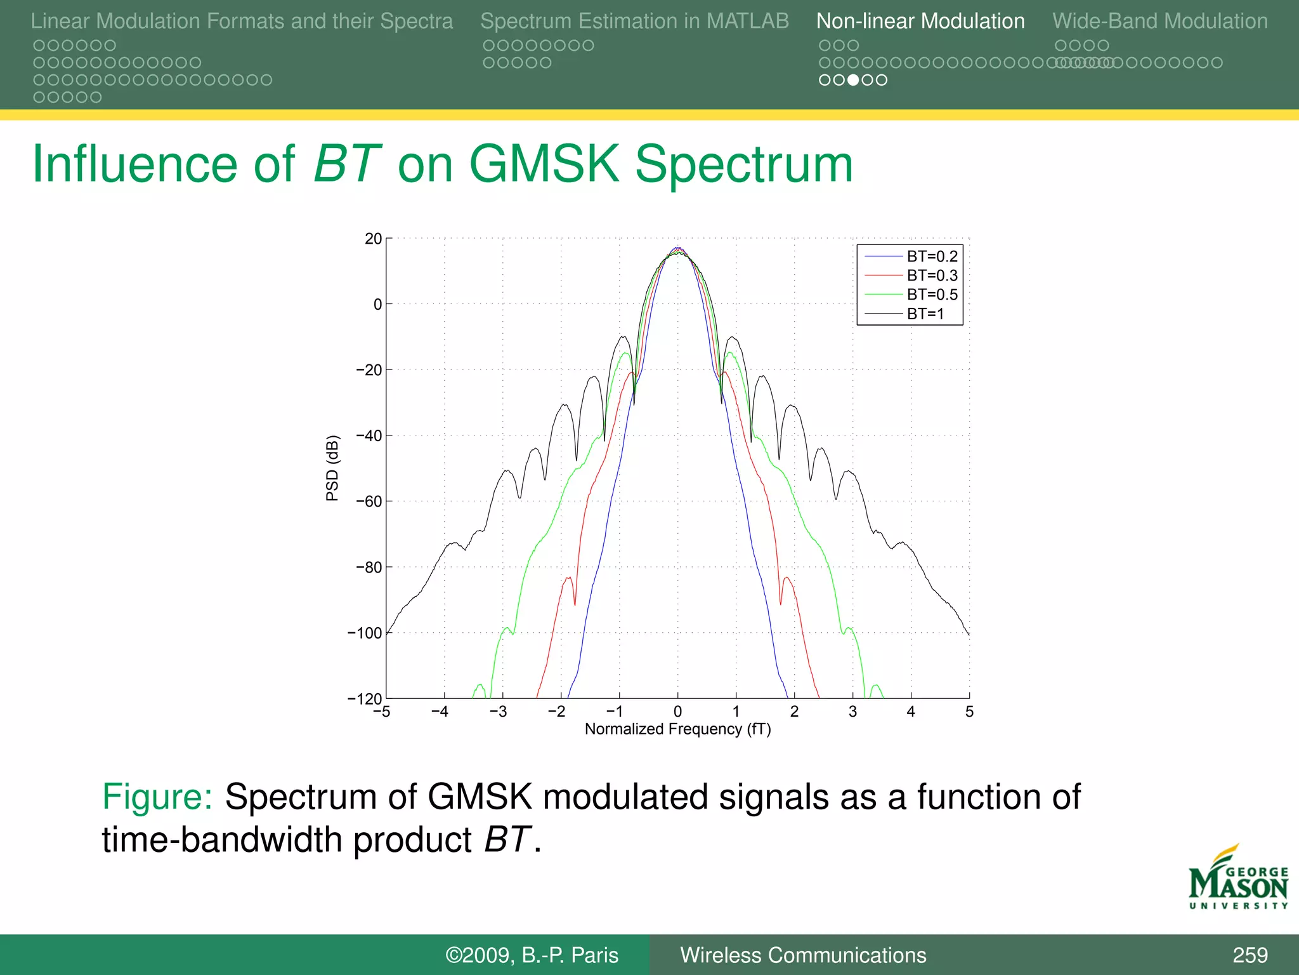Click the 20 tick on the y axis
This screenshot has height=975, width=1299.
(373, 239)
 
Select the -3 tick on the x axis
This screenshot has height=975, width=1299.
(499, 712)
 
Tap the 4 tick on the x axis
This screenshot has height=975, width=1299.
(911, 712)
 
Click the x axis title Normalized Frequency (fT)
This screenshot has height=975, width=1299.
(677, 729)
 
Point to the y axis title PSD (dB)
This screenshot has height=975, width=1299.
(332, 468)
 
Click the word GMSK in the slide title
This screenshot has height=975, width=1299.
(544, 164)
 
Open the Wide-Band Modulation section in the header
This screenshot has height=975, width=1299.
(1159, 21)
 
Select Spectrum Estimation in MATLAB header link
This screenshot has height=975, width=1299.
(634, 21)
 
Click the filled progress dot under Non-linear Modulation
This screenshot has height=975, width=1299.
(853, 80)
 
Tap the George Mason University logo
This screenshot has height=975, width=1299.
(1238, 879)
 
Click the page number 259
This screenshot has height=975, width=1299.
(1250, 955)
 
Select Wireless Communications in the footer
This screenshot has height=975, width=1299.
(803, 955)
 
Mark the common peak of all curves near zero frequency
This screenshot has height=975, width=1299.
(677, 249)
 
